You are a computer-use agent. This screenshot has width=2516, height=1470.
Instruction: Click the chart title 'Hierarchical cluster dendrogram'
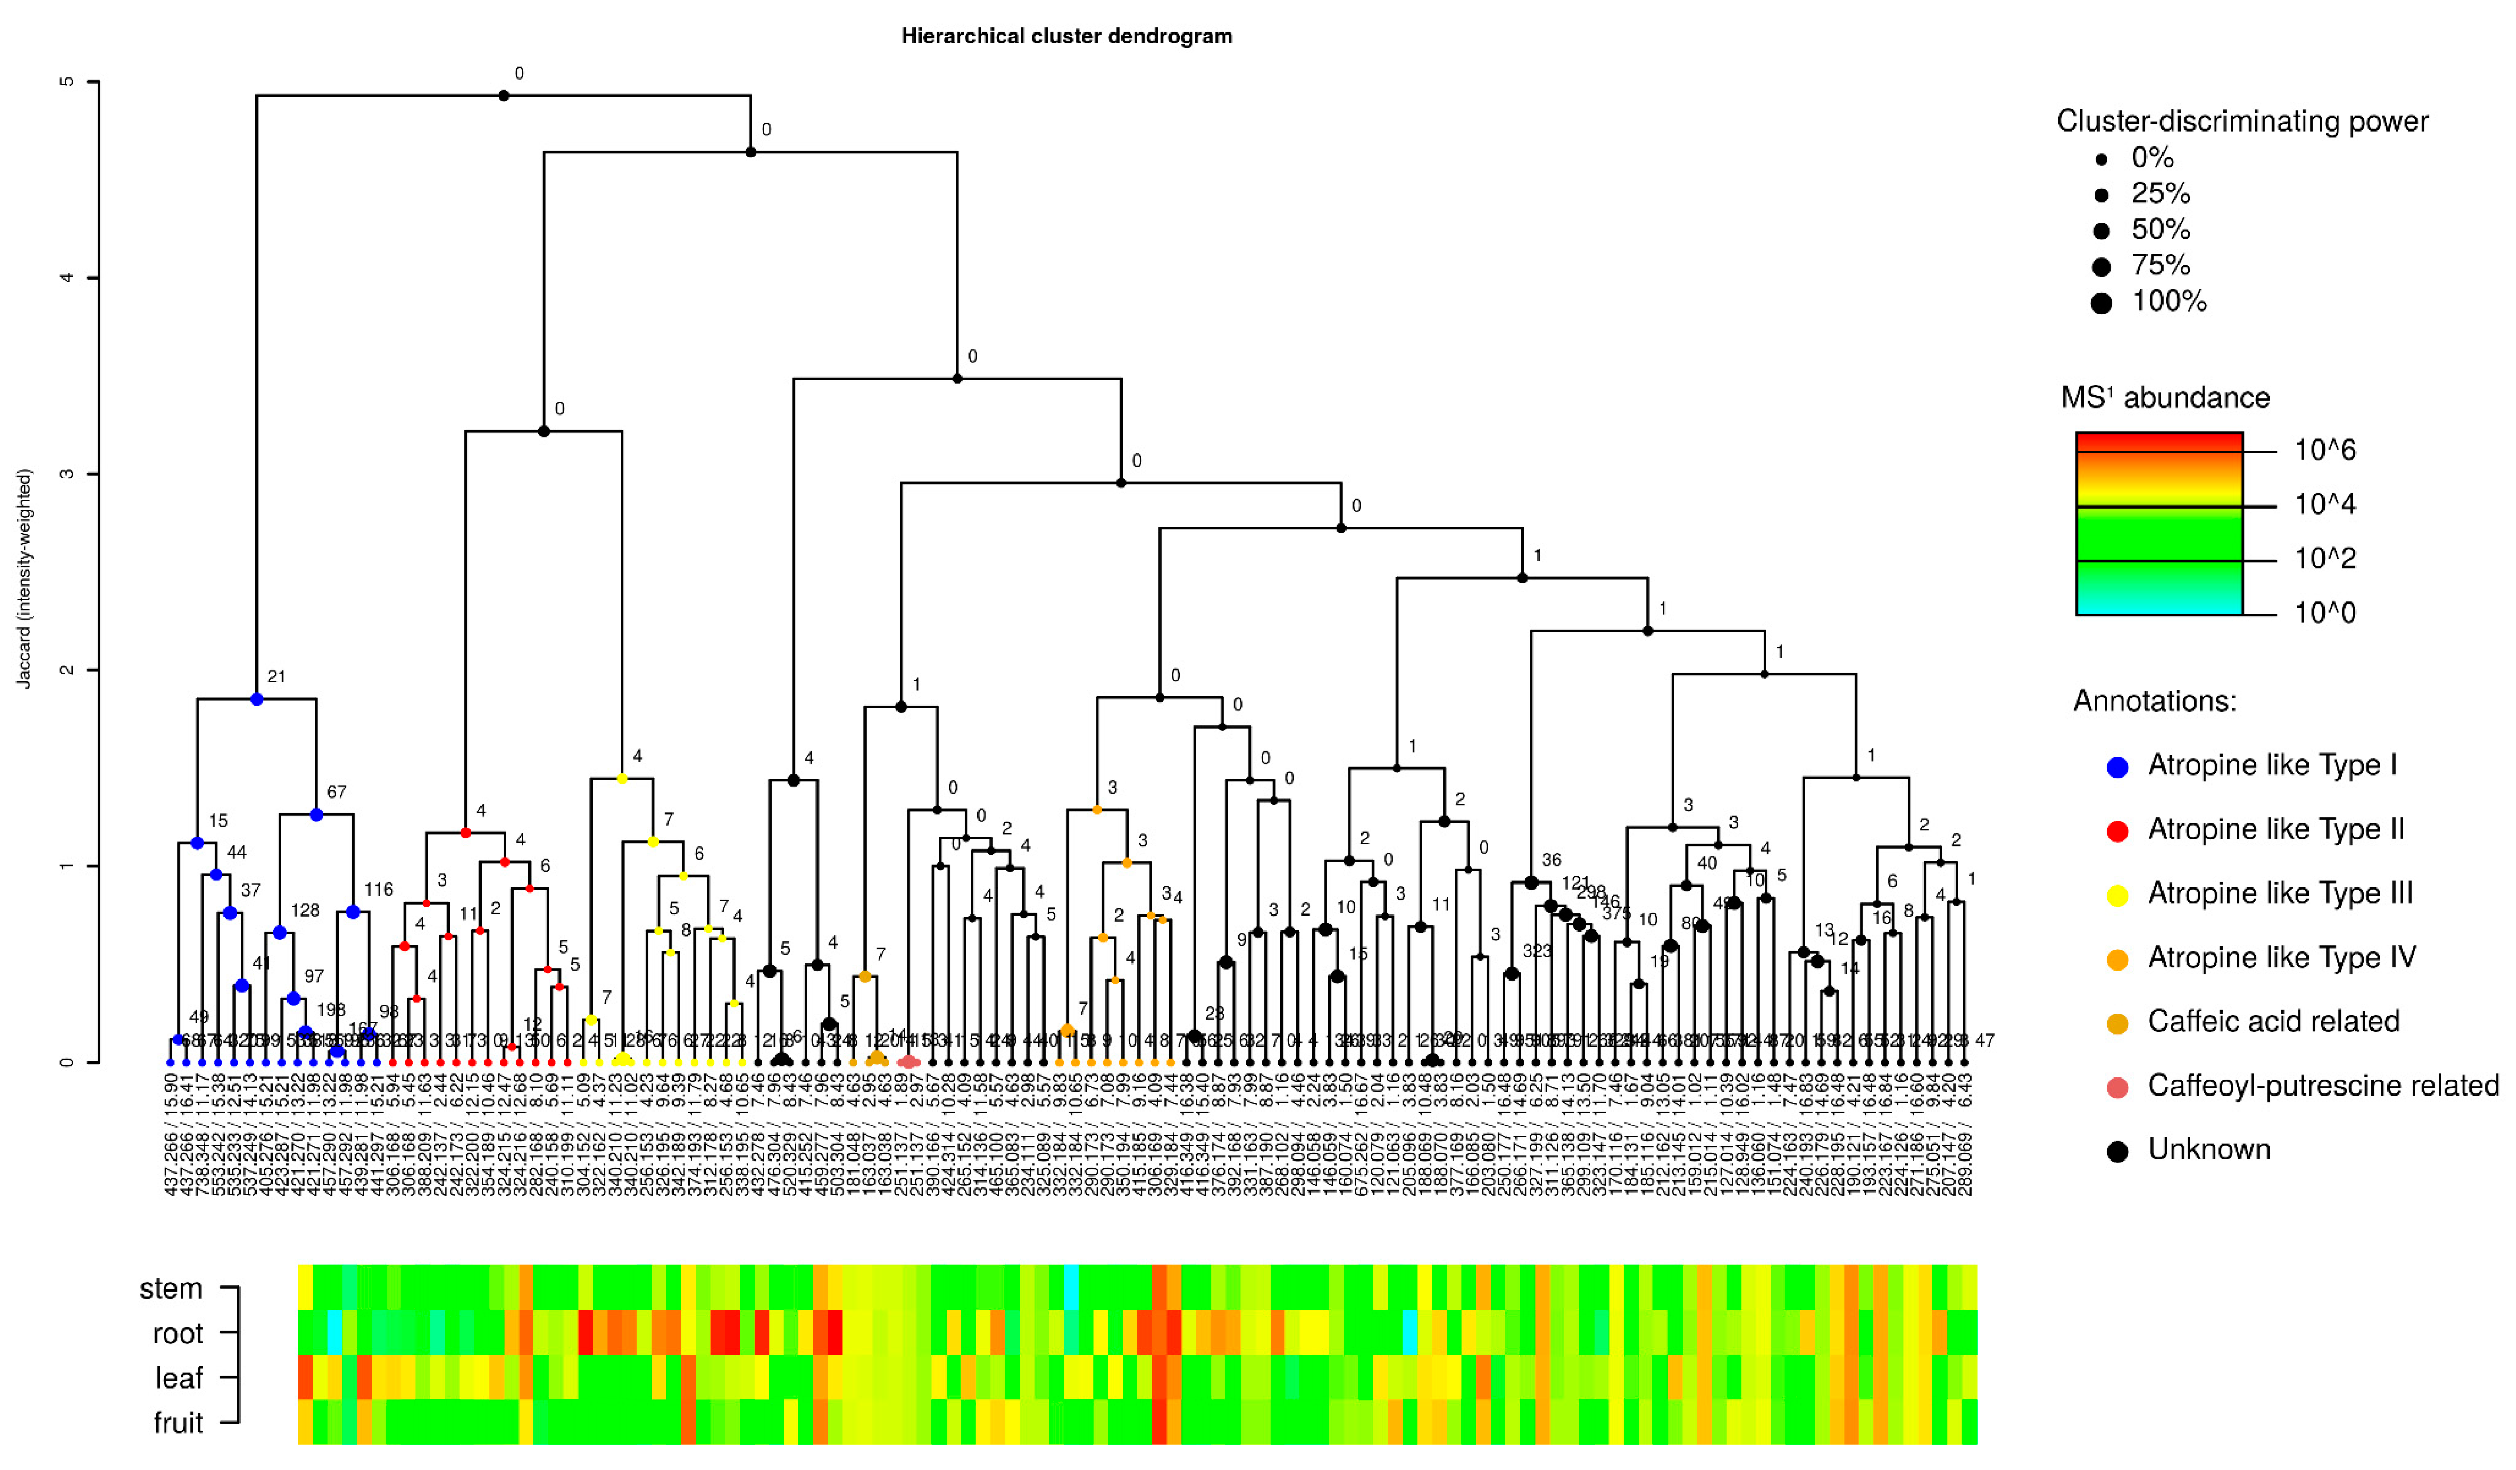pyautogui.click(x=1066, y=36)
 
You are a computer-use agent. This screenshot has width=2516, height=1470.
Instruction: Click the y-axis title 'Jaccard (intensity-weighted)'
pyautogui.click(x=25, y=579)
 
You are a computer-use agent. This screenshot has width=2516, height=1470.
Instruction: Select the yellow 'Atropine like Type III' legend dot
pyautogui.click(x=2117, y=895)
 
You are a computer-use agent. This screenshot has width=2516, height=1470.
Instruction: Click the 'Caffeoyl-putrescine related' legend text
pyautogui.click(x=2322, y=1086)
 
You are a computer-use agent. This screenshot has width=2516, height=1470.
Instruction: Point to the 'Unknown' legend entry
pyautogui.click(x=2208, y=1150)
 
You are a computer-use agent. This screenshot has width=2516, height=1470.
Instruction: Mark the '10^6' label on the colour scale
pyautogui.click(x=2325, y=450)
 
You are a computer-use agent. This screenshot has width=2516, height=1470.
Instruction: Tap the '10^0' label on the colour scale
pyautogui.click(x=2325, y=613)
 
